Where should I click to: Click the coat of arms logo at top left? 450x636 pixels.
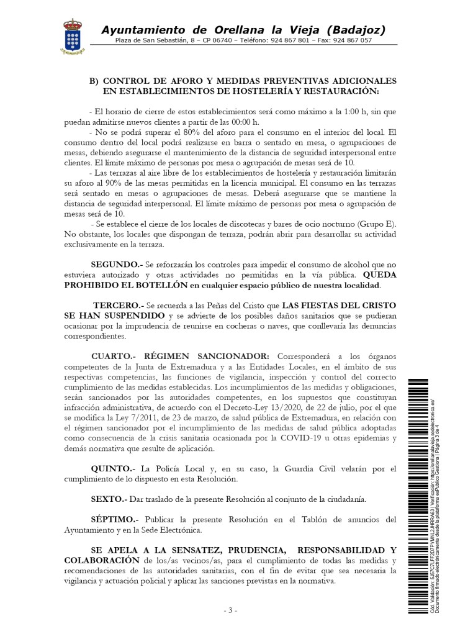72,36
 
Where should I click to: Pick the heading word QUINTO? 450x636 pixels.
112,467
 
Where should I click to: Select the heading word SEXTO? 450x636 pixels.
108,499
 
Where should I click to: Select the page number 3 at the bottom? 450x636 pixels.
230,611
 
